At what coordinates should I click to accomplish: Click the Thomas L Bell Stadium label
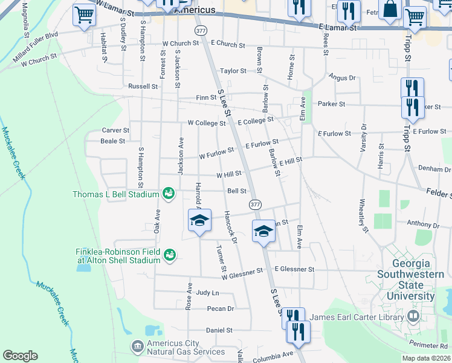click(x=115, y=194)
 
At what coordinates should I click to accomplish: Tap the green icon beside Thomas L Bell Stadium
click(x=169, y=194)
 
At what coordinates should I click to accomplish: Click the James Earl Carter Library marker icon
click(x=413, y=316)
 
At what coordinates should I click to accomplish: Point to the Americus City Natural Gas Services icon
click(x=137, y=345)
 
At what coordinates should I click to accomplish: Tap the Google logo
click(x=20, y=355)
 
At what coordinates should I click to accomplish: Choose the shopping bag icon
click(x=391, y=10)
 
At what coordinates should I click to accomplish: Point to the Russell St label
click(x=143, y=87)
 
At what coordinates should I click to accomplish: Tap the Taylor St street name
click(x=233, y=71)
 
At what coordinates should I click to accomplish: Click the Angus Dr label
click(x=342, y=77)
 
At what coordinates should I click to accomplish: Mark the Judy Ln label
click(x=207, y=292)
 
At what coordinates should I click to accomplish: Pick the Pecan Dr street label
click(x=220, y=309)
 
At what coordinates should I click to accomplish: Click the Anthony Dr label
click(x=423, y=224)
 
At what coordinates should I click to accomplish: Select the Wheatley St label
click(x=363, y=215)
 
